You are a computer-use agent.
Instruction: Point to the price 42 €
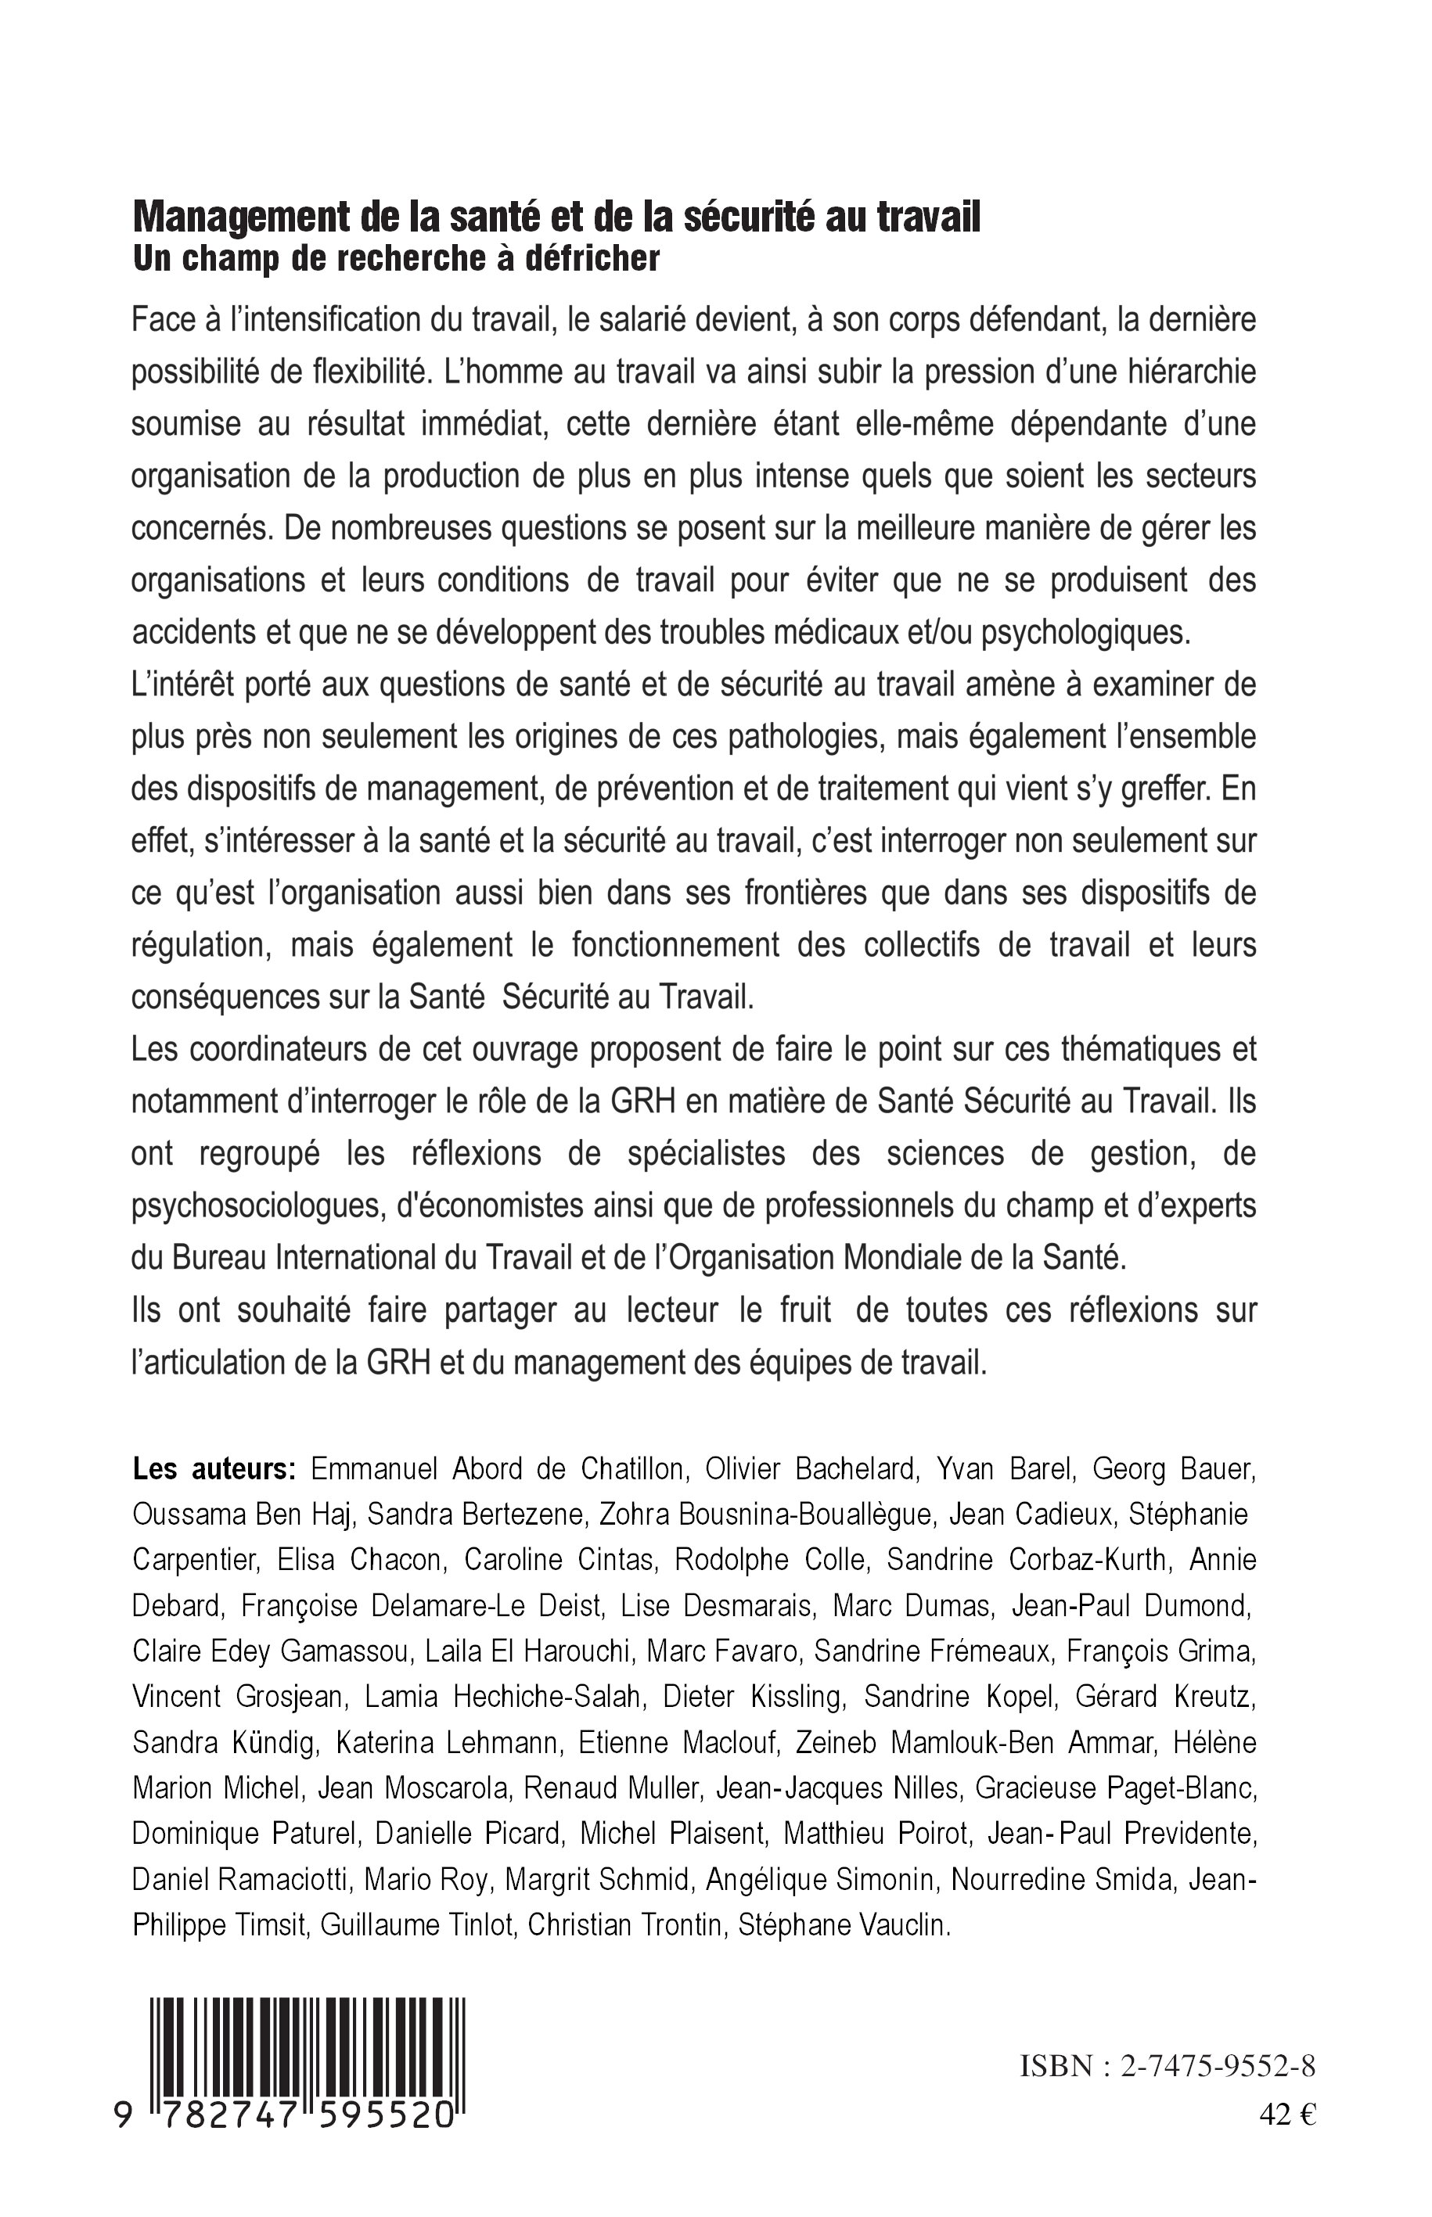(1288, 2115)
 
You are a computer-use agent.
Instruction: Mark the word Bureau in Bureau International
(203, 1259)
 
